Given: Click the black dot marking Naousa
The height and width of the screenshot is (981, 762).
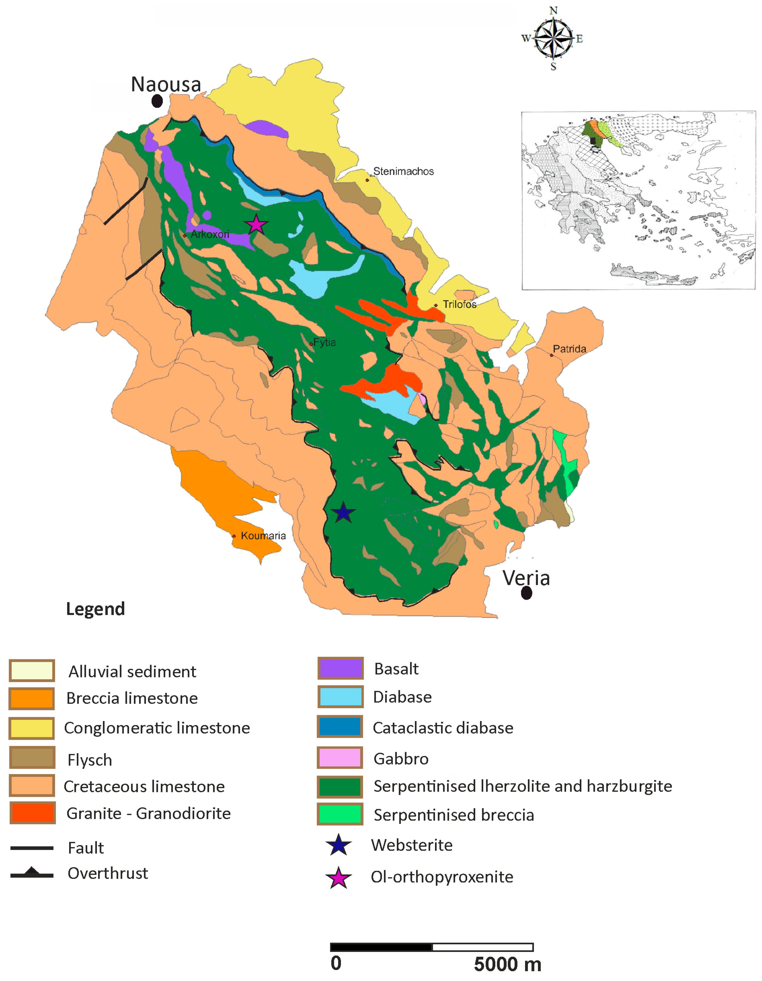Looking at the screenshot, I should [157, 101].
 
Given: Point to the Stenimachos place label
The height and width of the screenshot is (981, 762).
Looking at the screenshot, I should [403, 171].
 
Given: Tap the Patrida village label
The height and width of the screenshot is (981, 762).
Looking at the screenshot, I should [569, 349].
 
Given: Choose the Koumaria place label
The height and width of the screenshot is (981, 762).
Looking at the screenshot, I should [263, 535].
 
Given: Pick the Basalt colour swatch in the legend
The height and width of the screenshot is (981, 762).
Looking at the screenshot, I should [340, 668].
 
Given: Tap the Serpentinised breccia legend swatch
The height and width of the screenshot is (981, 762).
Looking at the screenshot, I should [340, 814].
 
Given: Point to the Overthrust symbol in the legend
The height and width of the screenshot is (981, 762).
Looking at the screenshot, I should [32, 874].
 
